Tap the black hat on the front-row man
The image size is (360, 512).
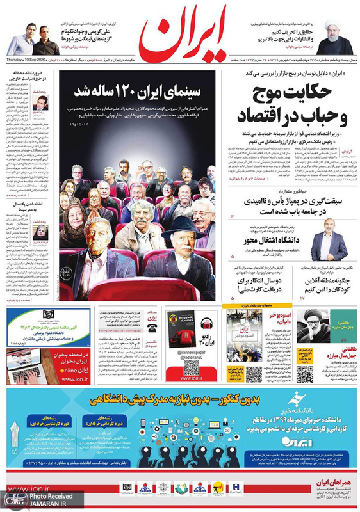click(181, 227)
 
